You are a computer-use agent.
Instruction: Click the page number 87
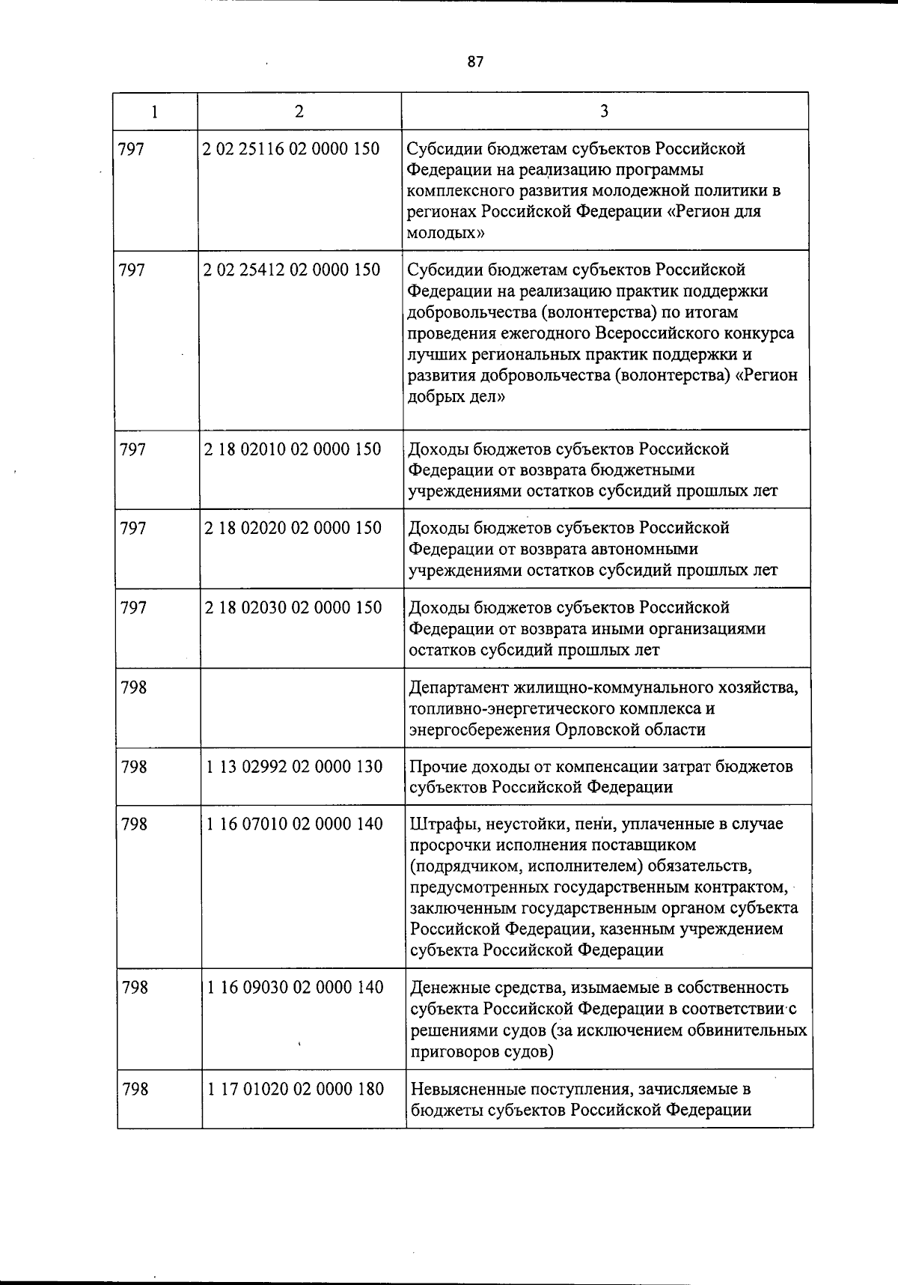(x=475, y=62)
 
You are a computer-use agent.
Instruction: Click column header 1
(x=154, y=112)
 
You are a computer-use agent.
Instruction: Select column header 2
(x=299, y=112)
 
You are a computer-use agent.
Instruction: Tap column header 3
(x=604, y=112)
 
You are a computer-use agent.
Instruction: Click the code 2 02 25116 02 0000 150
(x=291, y=149)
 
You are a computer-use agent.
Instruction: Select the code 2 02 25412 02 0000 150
(x=291, y=270)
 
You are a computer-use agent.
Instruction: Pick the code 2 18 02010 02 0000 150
(x=292, y=449)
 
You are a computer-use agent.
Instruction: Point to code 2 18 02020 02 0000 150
(x=292, y=528)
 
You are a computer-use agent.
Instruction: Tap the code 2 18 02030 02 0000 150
(x=293, y=607)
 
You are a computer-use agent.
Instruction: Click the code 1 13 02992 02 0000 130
(x=294, y=767)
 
